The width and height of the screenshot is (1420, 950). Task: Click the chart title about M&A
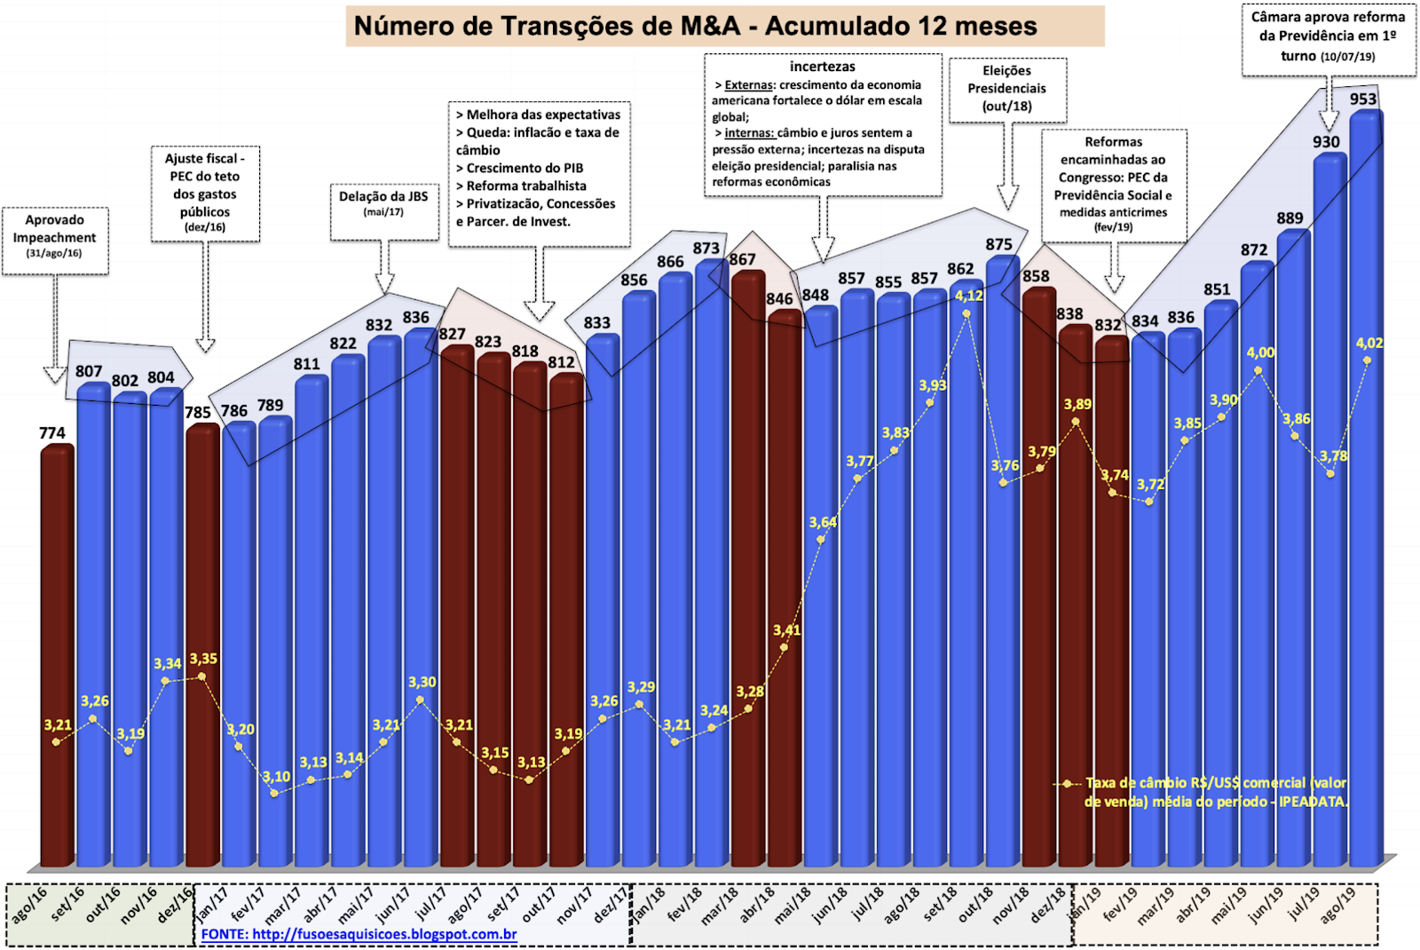pyautogui.click(x=695, y=26)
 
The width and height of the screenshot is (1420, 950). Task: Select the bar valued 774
pyautogui.click(x=57, y=657)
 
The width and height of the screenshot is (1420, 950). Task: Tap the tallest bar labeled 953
pyautogui.click(x=1365, y=488)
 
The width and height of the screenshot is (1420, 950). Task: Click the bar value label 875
pyautogui.click(x=998, y=244)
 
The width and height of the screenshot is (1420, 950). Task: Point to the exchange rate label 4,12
pyautogui.click(x=968, y=296)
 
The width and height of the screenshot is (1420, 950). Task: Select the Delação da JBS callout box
pyautogui.click(x=383, y=211)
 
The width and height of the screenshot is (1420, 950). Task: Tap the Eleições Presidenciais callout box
pyautogui.click(x=1007, y=89)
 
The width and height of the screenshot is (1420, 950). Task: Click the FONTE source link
pyautogui.click(x=359, y=934)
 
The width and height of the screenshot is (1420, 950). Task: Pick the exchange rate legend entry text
pyautogui.click(x=1216, y=792)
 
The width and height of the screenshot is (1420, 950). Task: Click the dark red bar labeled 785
pyautogui.click(x=202, y=648)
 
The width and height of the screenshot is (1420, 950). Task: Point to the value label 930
pyautogui.click(x=1326, y=142)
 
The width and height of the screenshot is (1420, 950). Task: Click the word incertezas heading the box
pyautogui.click(x=823, y=67)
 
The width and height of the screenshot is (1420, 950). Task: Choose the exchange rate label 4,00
pyautogui.click(x=1260, y=352)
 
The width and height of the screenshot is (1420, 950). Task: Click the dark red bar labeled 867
pyautogui.click(x=748, y=568)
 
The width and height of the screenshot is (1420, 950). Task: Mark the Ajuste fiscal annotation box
pyautogui.click(x=205, y=194)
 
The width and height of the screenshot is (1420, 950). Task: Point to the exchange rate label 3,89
pyautogui.click(x=1077, y=405)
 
